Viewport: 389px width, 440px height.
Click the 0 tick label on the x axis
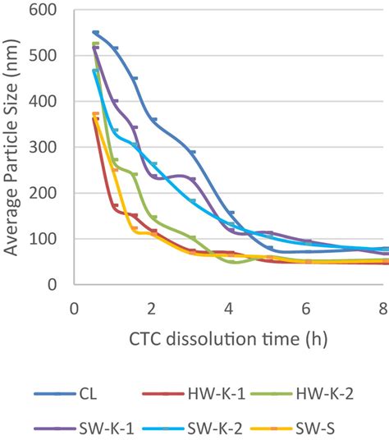[74, 308]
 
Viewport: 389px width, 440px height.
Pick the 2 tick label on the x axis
[152, 308]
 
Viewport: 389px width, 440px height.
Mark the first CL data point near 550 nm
[95, 33]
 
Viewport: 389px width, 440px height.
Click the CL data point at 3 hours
[192, 153]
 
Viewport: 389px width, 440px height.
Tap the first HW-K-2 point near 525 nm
[95, 44]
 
